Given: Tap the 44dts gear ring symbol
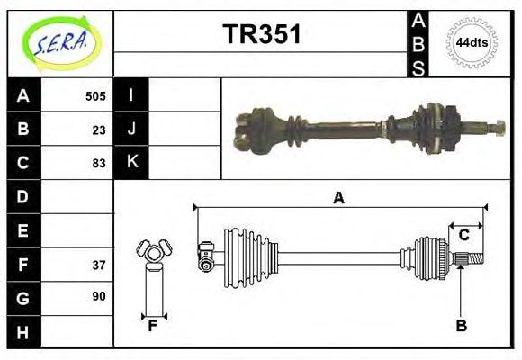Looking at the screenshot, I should pos(470,42).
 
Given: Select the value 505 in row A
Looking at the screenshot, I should pos(95,96).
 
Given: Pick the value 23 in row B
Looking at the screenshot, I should pos(98,130).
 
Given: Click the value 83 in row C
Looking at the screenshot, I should pos(98,163).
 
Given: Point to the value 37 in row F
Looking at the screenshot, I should pos(98,265).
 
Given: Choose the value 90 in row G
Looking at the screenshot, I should pos(98,296).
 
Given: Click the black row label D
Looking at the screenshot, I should pos(23,196).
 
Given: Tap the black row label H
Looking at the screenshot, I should pos(23,332).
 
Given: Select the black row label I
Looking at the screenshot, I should pos(132,95).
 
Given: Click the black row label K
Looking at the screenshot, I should pos(132,162).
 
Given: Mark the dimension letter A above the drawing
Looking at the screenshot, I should pos(339,197).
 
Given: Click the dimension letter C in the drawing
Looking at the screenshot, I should pos(464,236).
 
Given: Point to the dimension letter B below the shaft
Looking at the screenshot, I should pos(461,326).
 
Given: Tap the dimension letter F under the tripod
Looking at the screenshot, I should pos(153,325).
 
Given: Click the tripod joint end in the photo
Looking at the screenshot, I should pos(248,130).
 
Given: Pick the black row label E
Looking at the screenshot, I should pos(23,230).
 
